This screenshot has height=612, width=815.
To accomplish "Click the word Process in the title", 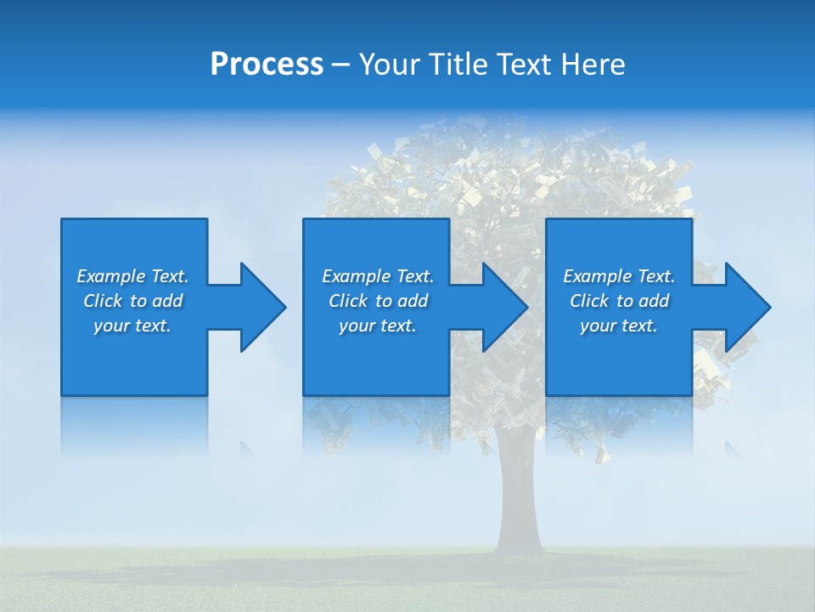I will pyautogui.click(x=267, y=65).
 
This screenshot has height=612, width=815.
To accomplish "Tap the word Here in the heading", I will pyautogui.click(x=592, y=65).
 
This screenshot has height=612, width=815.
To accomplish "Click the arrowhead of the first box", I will pyautogui.click(x=259, y=307).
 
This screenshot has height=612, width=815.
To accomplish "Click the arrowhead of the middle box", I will pyautogui.click(x=502, y=307).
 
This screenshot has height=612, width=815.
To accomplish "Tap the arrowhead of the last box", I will pyautogui.click(x=745, y=307).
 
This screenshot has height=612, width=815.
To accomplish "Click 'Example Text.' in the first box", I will pyautogui.click(x=132, y=276).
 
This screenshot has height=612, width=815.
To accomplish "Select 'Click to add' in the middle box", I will pyautogui.click(x=378, y=301).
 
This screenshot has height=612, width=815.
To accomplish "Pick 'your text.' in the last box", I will pyautogui.click(x=619, y=326).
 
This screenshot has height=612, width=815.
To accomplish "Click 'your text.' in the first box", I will pyautogui.click(x=132, y=326).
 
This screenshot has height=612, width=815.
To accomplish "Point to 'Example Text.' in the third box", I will pyautogui.click(x=619, y=276).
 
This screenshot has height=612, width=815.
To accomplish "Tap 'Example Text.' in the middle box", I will pyautogui.click(x=378, y=276).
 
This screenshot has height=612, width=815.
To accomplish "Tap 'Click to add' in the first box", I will pyautogui.click(x=132, y=301).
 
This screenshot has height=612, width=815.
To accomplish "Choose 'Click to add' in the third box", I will pyautogui.click(x=619, y=301).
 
